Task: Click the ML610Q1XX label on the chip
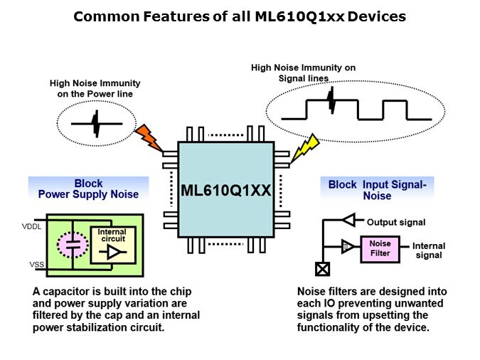pyautogui.click(x=225, y=190)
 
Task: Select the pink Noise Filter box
pyautogui.click(x=380, y=248)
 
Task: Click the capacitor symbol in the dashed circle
pyautogui.click(x=71, y=245)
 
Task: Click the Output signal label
pyautogui.click(x=396, y=223)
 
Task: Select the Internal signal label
pyautogui.click(x=429, y=250)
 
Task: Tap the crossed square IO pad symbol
pyautogui.click(x=321, y=269)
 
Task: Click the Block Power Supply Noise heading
pyautogui.click(x=88, y=189)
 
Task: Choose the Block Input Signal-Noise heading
pyautogui.click(x=377, y=189)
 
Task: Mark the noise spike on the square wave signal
pyautogui.click(x=331, y=102)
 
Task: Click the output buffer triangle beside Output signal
pyautogui.click(x=348, y=220)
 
